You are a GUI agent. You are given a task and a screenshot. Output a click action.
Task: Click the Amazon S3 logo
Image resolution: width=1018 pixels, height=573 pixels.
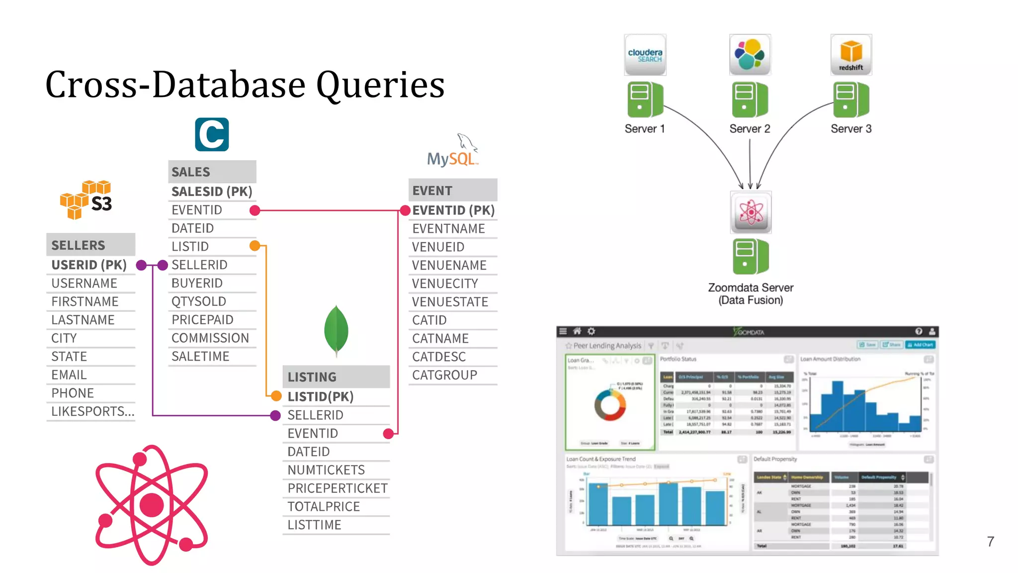click(x=86, y=199)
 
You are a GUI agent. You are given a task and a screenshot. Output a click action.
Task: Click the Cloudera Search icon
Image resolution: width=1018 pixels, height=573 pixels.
click(x=645, y=55)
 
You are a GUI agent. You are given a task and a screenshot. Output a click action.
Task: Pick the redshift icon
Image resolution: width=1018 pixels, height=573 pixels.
click(x=851, y=55)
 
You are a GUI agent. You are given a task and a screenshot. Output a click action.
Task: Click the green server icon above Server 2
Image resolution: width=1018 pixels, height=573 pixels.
click(x=750, y=99)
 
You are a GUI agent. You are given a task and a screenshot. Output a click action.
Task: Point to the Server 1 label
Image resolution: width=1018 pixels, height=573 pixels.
click(x=644, y=129)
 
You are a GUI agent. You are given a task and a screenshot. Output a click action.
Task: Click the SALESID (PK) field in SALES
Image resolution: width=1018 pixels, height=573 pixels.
click(x=212, y=191)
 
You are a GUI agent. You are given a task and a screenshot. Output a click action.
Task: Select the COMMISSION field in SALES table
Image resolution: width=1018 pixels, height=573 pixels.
click(x=210, y=338)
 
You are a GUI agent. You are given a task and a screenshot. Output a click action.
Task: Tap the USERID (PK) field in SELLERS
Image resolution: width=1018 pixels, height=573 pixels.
click(x=89, y=265)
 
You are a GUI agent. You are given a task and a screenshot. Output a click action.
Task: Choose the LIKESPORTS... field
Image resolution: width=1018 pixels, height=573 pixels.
click(x=93, y=412)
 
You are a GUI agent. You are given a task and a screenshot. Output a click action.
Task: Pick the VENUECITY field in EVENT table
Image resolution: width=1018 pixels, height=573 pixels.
click(x=445, y=284)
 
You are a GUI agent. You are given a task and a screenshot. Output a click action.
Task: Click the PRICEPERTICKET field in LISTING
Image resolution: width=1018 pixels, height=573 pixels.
click(x=338, y=488)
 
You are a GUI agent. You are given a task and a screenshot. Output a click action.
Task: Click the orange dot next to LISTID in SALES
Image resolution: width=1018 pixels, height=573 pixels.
click(x=254, y=246)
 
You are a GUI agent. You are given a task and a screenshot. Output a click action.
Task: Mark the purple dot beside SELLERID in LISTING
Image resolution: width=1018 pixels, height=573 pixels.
click(x=275, y=416)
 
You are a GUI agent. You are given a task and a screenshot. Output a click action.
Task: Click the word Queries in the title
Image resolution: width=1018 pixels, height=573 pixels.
click(x=380, y=85)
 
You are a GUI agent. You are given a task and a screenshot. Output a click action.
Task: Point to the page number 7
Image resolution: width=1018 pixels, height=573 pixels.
click(x=991, y=542)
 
